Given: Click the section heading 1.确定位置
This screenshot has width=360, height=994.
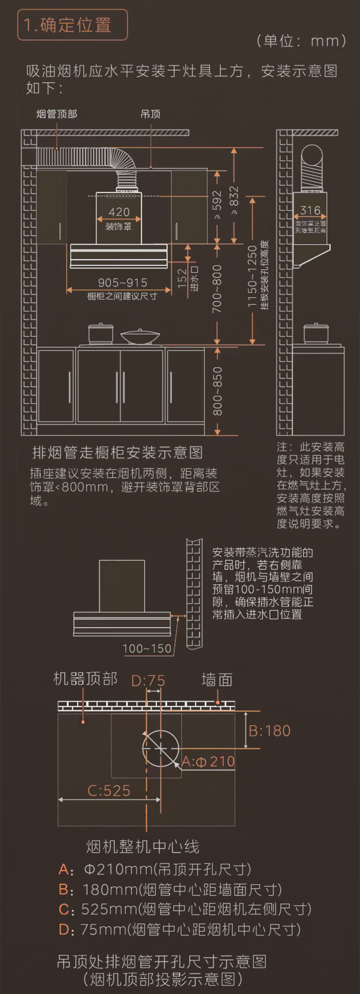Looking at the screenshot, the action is (67, 25).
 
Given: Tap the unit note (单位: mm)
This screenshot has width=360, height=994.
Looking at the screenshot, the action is (301, 41).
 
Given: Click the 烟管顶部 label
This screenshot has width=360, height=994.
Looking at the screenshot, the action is (57, 114).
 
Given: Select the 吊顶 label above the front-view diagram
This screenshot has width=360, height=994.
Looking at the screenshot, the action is (150, 114).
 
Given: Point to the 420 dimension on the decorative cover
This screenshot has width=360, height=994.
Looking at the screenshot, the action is (119, 212).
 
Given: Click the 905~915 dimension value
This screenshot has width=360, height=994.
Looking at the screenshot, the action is (123, 283).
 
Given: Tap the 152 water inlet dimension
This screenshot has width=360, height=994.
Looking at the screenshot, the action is (182, 278).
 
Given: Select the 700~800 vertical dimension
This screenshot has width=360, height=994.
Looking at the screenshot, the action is (217, 289).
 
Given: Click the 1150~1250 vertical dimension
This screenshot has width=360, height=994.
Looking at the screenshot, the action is (252, 276).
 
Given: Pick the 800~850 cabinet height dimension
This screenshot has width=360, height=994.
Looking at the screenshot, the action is (218, 391).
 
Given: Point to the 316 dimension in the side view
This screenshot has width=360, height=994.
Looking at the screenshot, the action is (310, 210).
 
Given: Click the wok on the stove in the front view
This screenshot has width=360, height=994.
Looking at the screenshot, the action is (140, 336).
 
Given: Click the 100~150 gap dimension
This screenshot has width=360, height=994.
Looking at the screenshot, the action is (147, 648).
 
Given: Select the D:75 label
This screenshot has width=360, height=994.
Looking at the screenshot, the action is (148, 681).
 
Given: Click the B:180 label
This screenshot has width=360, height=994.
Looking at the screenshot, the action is (270, 731).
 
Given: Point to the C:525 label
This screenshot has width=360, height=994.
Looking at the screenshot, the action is (109, 790).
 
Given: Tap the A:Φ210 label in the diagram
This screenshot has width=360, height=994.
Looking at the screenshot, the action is (208, 761).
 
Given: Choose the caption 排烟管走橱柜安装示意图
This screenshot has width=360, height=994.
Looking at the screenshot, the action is (118, 453).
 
